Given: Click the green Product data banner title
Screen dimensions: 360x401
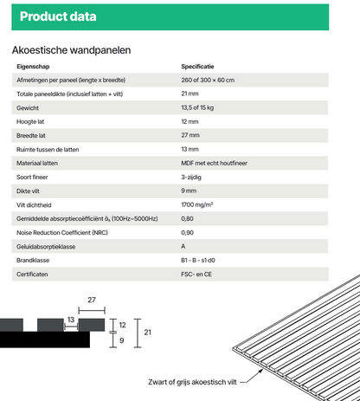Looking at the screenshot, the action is pyautogui.click(x=58, y=16).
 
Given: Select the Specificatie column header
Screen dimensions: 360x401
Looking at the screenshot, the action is pyautogui.click(x=198, y=67).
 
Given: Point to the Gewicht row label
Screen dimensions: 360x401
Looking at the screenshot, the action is pyautogui.click(x=28, y=107).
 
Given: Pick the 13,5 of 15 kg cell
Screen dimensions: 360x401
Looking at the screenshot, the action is pyautogui.click(x=200, y=107).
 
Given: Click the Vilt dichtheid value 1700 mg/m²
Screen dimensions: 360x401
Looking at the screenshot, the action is pyautogui.click(x=197, y=204).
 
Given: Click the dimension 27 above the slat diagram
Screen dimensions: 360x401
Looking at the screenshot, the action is pyautogui.click(x=91, y=301).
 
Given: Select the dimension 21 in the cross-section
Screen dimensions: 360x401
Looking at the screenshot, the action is pyautogui.click(x=148, y=332).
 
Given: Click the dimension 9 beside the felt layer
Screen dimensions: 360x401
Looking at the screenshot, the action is pyautogui.click(x=122, y=340).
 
